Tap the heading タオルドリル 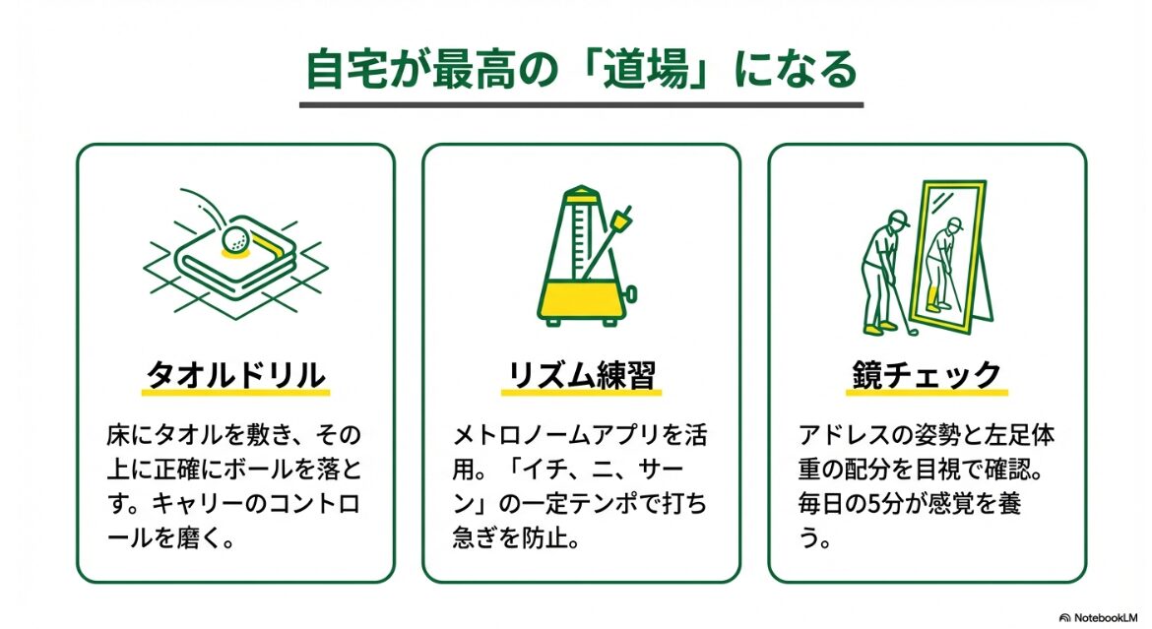[x=236, y=375]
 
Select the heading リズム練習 [x=581, y=375]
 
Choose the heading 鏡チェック [x=927, y=375]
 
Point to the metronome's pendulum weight [x=624, y=219]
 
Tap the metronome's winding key [x=631, y=295]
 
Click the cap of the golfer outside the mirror [x=897, y=218]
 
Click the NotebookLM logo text [x=1103, y=617]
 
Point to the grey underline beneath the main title [x=581, y=105]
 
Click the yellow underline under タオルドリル [x=236, y=393]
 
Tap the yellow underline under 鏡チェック [x=927, y=393]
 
